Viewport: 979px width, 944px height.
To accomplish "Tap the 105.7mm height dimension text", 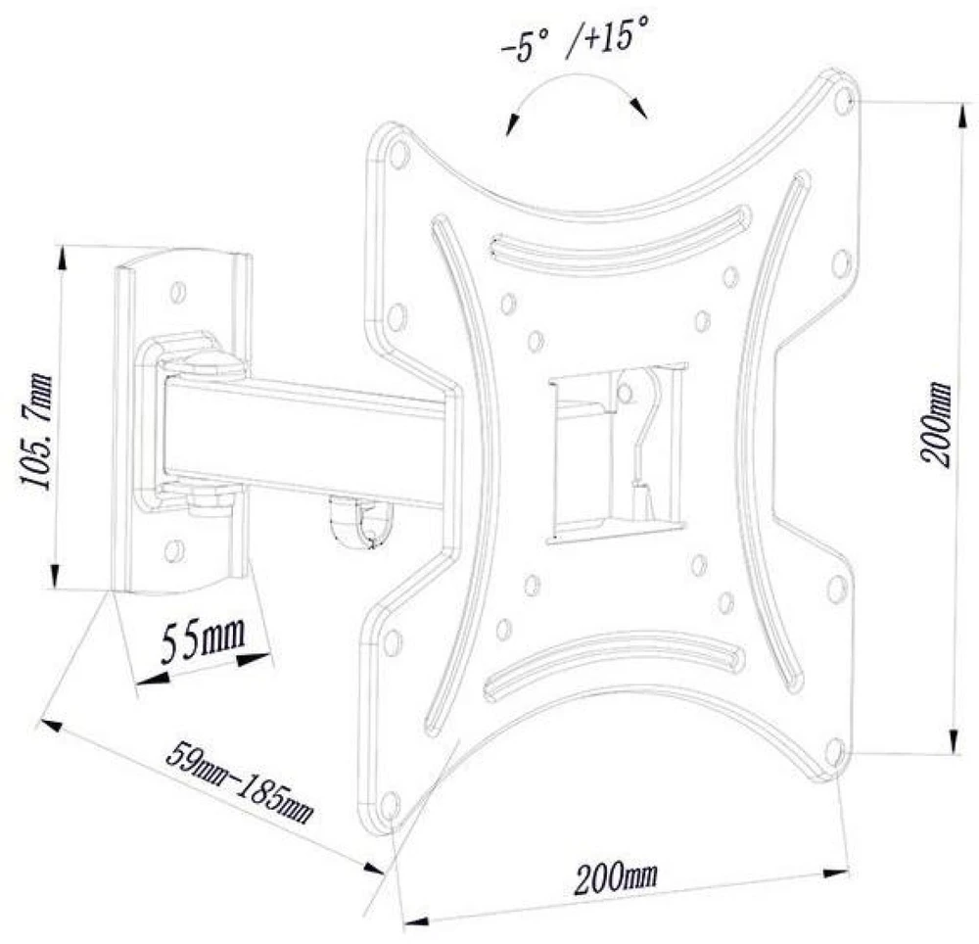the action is click(35, 432).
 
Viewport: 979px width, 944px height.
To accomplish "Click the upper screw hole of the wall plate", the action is click(178, 292).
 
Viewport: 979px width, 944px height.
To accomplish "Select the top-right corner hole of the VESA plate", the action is click(843, 98).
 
